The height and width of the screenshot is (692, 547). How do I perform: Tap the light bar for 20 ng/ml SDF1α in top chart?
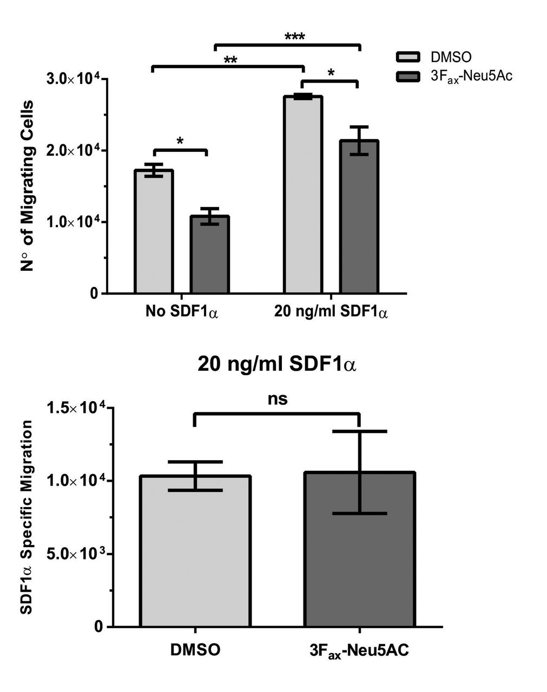[x=303, y=195]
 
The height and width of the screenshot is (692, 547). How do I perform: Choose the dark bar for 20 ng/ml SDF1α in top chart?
[x=359, y=216]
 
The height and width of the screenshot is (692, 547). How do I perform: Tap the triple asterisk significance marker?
[x=294, y=37]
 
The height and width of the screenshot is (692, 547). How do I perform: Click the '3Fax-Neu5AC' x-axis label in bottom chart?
[x=359, y=650]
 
